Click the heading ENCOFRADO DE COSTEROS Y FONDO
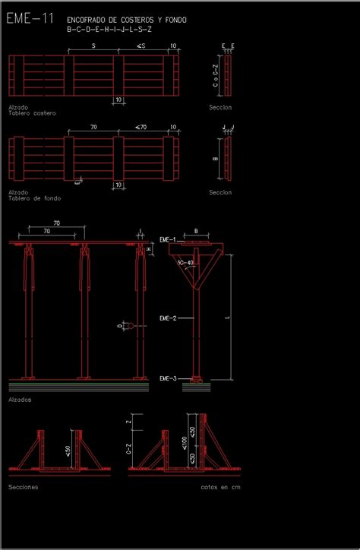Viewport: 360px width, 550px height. coord(126,20)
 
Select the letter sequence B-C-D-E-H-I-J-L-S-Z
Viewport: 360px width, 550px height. coord(109,30)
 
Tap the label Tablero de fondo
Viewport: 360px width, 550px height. coord(34,198)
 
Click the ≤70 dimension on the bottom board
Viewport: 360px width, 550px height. coord(141,127)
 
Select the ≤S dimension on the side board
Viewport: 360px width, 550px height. coord(141,46)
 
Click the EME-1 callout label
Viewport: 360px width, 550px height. coord(168,239)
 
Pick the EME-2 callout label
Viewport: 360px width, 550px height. coord(168,318)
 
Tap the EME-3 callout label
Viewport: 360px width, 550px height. coord(168,378)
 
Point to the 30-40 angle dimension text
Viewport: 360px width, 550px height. coord(185,263)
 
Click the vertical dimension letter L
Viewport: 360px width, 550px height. coord(227,318)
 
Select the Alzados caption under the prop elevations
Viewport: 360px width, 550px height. coord(20,398)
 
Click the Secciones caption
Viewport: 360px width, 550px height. coord(23,486)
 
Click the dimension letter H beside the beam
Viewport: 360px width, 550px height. coord(149,248)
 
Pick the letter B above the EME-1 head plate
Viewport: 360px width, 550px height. coord(196,230)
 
